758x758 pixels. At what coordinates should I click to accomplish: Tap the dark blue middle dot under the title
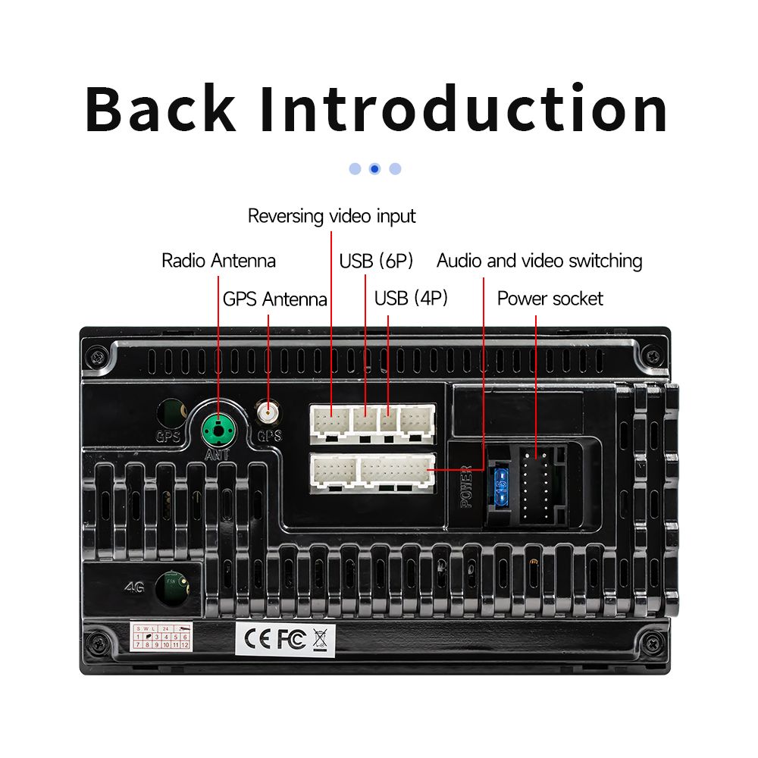point(374,169)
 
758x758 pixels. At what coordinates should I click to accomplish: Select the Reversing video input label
point(331,216)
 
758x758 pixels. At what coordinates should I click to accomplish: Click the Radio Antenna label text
point(218,262)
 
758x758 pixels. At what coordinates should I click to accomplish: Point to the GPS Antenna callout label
point(274,299)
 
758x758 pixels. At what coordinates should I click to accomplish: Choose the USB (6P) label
point(376,262)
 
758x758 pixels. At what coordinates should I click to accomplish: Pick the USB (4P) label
point(411,299)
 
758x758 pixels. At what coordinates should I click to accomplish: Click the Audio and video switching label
point(539,262)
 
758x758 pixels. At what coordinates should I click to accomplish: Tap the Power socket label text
point(550,299)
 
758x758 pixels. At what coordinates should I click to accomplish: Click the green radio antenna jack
point(219,428)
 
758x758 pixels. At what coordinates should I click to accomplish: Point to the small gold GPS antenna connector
point(267,414)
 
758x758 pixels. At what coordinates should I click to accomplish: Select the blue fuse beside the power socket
point(500,487)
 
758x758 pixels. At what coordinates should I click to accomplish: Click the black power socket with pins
point(540,485)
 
